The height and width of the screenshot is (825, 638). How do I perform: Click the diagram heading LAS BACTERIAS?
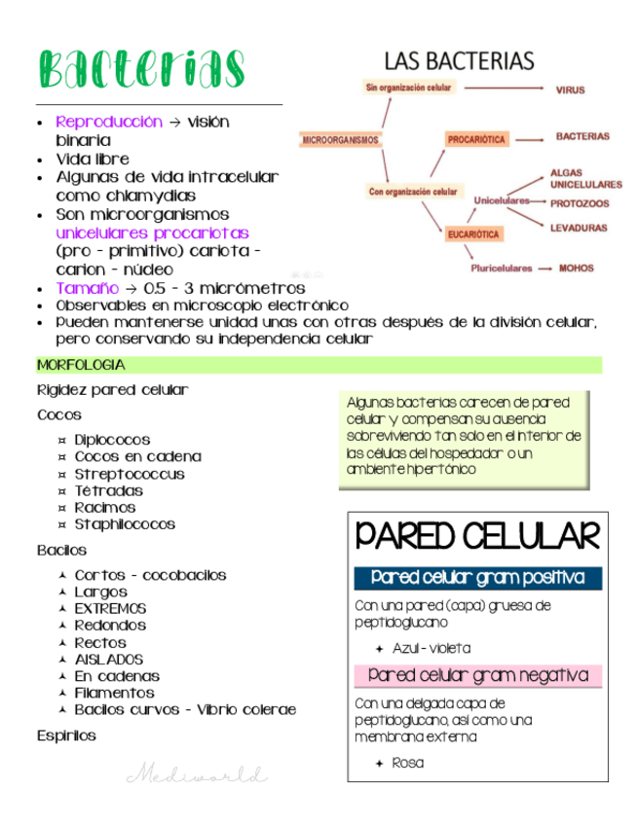coord(460,60)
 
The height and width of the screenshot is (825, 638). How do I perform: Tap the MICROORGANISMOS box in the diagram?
coord(340,139)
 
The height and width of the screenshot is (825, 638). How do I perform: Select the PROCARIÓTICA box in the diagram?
coord(477,139)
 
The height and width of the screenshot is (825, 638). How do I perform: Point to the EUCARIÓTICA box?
coord(474,233)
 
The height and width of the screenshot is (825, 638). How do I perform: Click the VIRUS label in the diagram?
coord(570,90)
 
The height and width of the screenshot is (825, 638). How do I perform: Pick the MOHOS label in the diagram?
coord(576,268)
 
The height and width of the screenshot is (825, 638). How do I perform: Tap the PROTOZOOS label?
coord(580,204)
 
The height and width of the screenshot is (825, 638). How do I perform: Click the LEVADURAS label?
coord(579,228)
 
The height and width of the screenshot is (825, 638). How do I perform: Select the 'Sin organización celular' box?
coord(408,88)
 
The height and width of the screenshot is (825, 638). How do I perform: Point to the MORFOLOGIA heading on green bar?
coord(81,365)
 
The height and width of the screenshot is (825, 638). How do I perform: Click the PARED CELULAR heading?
coord(476,536)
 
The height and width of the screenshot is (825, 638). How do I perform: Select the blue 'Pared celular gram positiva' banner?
coord(477,578)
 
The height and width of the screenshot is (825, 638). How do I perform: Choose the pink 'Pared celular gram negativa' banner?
coord(477,675)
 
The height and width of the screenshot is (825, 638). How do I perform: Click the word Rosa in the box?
coord(407,763)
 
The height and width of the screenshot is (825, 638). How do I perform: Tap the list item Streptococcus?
coord(130,474)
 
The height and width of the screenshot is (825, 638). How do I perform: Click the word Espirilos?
coord(66,735)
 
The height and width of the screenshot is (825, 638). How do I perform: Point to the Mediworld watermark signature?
coord(196,775)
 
